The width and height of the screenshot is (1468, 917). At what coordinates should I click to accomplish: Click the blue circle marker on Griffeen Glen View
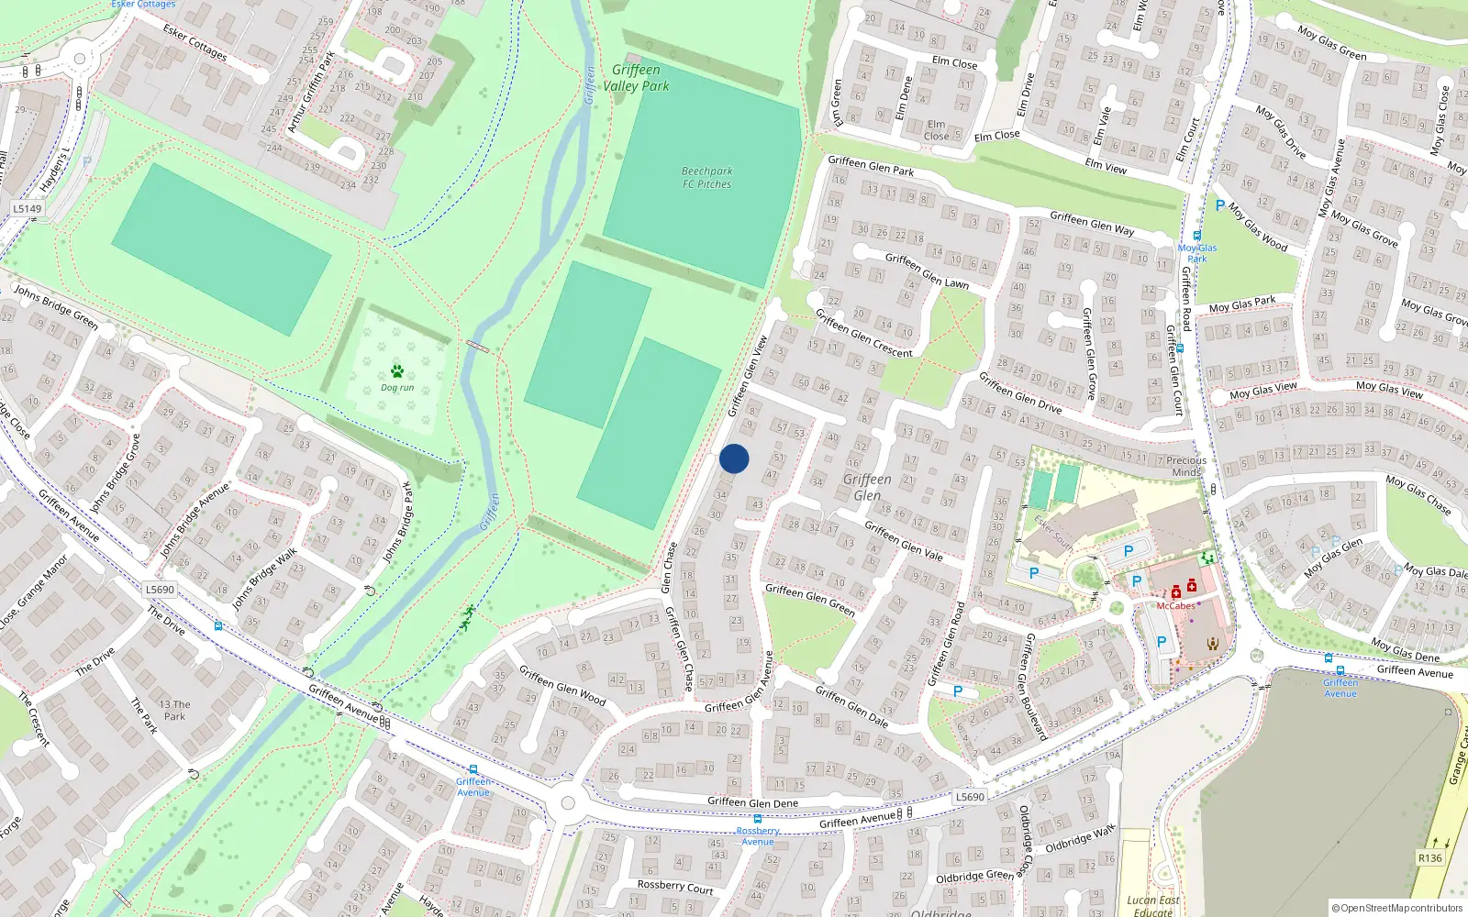(x=734, y=458)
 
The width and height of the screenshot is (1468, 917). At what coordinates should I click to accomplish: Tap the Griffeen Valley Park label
(x=636, y=78)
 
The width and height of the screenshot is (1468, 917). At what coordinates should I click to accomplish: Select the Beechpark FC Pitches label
(x=706, y=177)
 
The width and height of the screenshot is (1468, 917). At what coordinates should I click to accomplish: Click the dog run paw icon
(x=397, y=371)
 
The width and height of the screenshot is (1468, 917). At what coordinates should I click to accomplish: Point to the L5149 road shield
(x=28, y=208)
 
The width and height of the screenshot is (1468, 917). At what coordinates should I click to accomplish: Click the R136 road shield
(x=1429, y=857)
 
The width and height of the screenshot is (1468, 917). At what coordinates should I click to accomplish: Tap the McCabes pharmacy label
(x=1175, y=605)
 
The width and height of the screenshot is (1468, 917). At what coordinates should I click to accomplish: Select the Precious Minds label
(x=1186, y=466)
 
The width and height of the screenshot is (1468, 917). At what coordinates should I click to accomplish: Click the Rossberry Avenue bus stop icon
(x=757, y=819)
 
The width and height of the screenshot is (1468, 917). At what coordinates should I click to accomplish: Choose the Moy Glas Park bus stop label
(x=1197, y=253)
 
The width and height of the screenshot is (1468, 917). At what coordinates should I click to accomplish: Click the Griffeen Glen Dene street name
(x=752, y=802)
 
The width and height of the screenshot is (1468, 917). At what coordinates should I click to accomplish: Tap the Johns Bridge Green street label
(x=55, y=306)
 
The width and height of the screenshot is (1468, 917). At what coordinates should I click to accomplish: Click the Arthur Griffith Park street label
(x=310, y=93)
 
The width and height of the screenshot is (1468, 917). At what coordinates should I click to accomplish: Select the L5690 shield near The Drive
(x=160, y=590)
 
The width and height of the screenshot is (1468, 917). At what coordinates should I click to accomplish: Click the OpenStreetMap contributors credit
(x=1396, y=908)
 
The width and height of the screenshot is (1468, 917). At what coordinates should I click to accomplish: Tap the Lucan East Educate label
(x=1153, y=905)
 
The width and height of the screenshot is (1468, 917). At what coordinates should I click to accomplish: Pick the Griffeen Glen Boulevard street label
(x=1033, y=686)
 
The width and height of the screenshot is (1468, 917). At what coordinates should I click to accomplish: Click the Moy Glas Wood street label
(x=1258, y=228)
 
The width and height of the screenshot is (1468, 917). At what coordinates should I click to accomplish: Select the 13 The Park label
(x=174, y=711)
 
